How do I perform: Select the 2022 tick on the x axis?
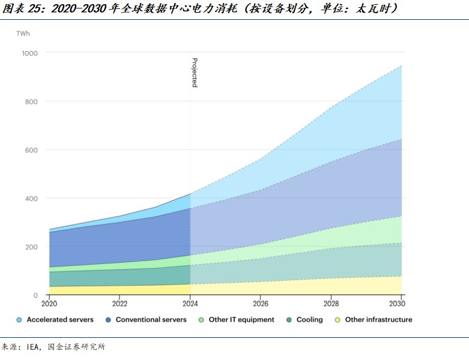(x=120, y=304)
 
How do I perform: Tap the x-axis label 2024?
(x=190, y=304)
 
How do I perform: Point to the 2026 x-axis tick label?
(x=261, y=304)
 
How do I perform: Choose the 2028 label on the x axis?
(x=331, y=304)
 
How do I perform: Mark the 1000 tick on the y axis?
(x=29, y=53)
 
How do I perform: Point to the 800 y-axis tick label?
(x=31, y=101)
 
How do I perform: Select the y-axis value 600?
(x=31, y=150)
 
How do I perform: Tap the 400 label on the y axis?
(x=31, y=199)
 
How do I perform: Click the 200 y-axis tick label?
(x=31, y=247)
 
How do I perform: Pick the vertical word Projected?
(x=195, y=73)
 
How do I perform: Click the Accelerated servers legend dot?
(x=19, y=320)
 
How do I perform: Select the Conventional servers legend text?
(x=151, y=320)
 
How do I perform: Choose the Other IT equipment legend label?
(x=241, y=320)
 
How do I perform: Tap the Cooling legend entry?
(x=309, y=320)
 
